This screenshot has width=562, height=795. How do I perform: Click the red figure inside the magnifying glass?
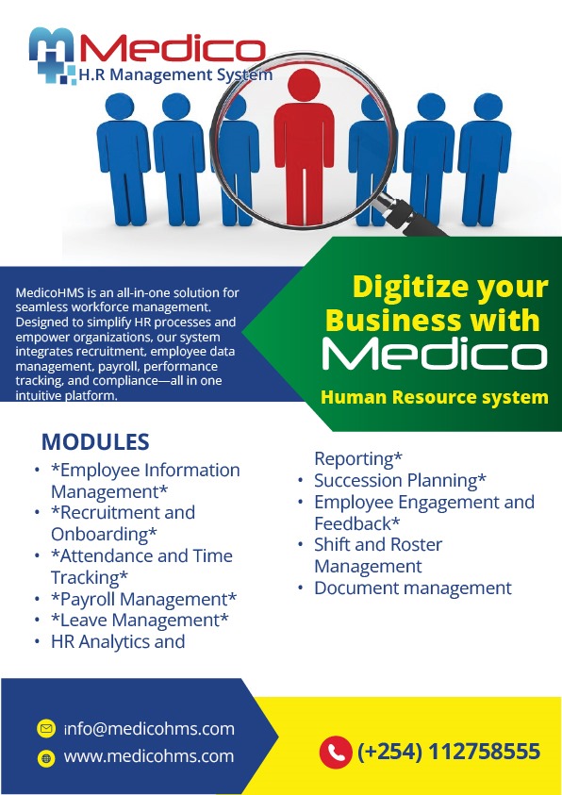(x=304, y=147)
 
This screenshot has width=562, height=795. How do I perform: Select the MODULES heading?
(x=95, y=441)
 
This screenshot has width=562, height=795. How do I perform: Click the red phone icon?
(x=336, y=752)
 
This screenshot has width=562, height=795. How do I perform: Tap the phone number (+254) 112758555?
(x=449, y=752)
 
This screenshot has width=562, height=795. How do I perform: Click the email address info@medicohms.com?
(x=149, y=729)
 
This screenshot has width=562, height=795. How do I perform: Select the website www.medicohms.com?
(x=149, y=756)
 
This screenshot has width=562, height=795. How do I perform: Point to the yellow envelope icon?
(x=46, y=729)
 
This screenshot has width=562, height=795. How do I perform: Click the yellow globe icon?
(x=46, y=758)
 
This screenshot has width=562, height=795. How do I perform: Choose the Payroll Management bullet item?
(x=144, y=599)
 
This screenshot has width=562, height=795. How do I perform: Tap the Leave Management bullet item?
(x=140, y=621)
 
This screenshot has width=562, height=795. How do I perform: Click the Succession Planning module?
(x=401, y=480)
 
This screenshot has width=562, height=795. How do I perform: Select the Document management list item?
(x=413, y=588)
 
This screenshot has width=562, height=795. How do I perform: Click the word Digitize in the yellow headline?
(x=409, y=288)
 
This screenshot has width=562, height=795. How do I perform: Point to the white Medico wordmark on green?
(x=435, y=355)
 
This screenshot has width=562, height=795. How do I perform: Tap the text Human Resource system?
(x=435, y=397)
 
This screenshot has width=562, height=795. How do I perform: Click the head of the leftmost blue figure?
(x=120, y=107)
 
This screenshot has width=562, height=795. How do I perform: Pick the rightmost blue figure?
(x=485, y=159)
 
